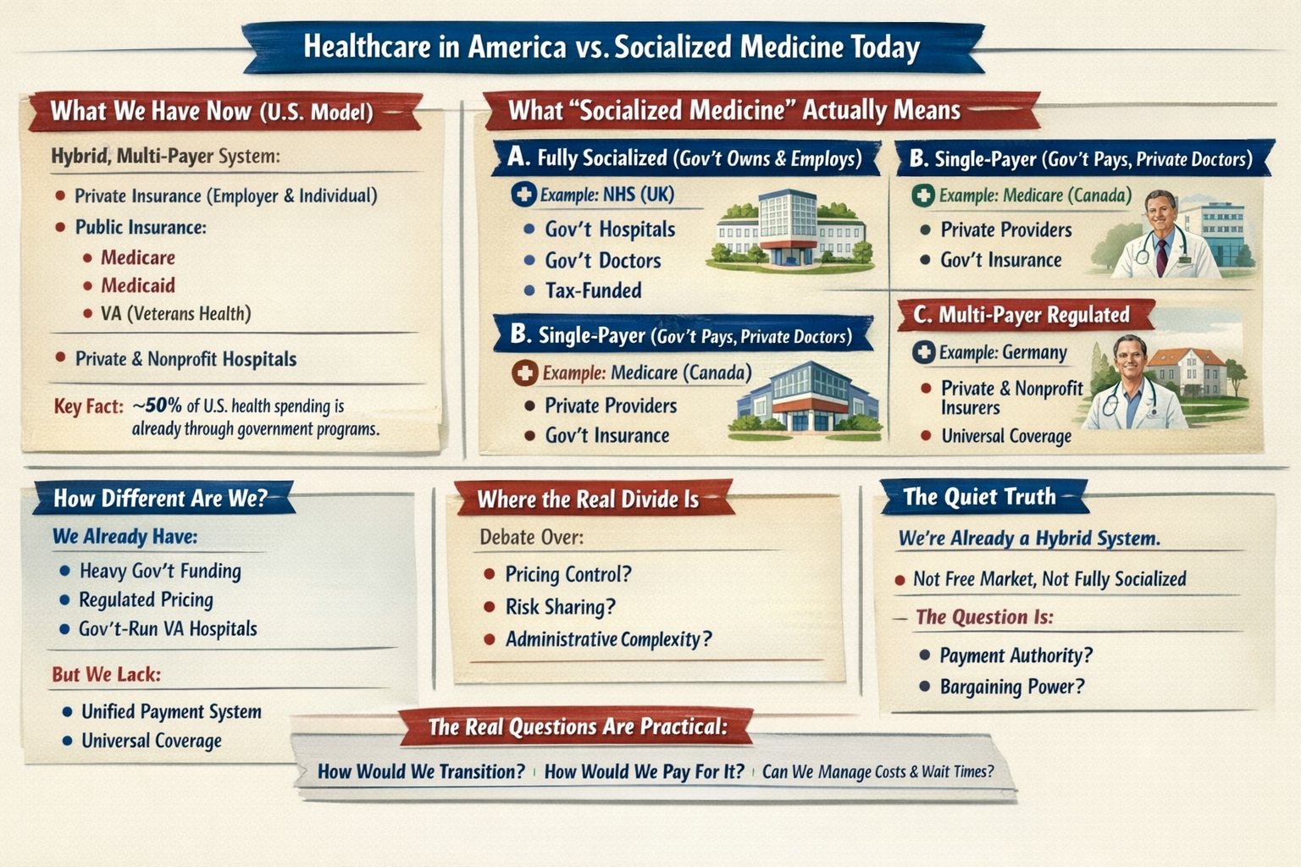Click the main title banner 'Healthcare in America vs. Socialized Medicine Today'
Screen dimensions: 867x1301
[x=612, y=47]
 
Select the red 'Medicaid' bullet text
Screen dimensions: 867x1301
[x=137, y=285]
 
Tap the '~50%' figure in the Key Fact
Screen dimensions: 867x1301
[x=158, y=406]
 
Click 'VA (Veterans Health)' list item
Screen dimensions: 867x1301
[x=175, y=314]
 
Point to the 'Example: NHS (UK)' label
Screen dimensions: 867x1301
[x=606, y=195]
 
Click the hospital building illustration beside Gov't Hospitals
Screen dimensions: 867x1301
[x=789, y=229]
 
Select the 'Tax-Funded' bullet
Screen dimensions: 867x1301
[x=593, y=290]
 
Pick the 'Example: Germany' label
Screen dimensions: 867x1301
[x=1002, y=352]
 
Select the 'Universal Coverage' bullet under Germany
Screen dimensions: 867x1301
[x=1006, y=436]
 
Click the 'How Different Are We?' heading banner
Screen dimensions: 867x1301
[x=161, y=498]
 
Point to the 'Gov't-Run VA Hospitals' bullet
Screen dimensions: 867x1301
[x=168, y=629]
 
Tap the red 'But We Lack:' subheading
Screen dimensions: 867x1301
[x=106, y=675]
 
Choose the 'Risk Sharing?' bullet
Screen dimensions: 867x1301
[x=560, y=607]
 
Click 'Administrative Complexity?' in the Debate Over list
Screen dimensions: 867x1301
[x=608, y=639]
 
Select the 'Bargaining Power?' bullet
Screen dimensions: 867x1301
[x=1011, y=687]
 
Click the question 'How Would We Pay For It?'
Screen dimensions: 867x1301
[x=644, y=771]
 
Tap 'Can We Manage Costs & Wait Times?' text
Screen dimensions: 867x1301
[x=877, y=771]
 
